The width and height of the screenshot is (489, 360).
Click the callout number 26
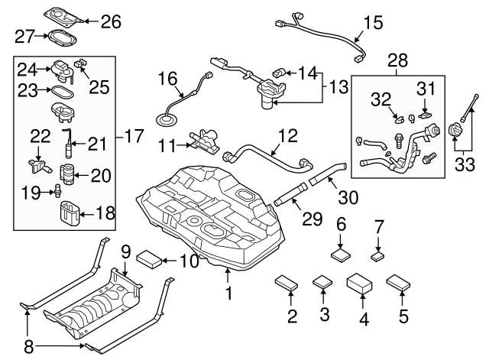tap(111, 21)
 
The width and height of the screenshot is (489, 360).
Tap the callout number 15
tap(372, 23)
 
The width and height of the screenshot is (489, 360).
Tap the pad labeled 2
tap(287, 281)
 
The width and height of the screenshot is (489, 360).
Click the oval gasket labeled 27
tap(61, 36)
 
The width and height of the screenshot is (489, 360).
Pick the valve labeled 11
tap(202, 141)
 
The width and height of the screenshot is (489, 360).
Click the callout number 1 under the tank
tap(227, 291)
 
